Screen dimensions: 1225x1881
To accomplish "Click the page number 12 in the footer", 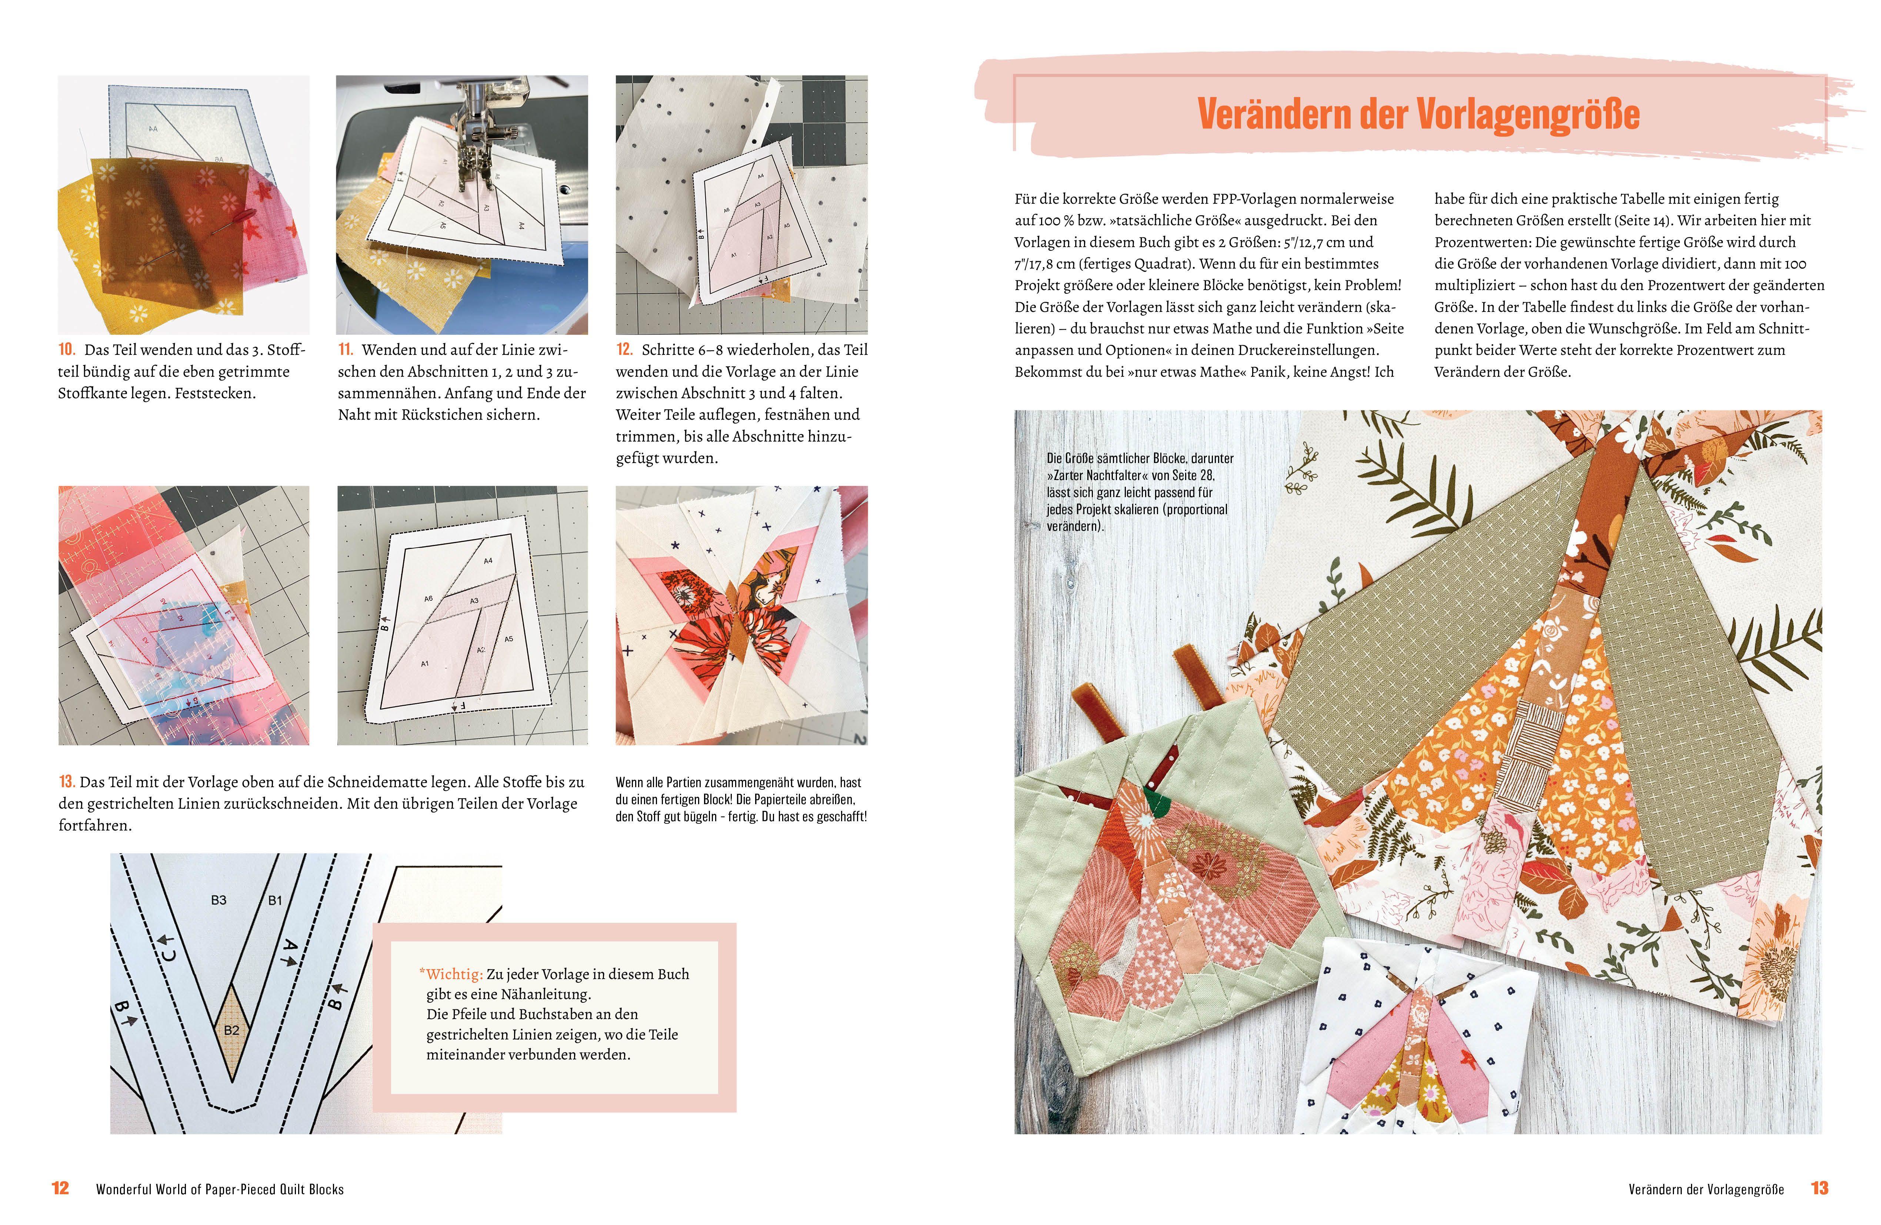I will tap(60, 1188).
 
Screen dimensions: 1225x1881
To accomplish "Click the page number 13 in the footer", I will tap(1820, 1188).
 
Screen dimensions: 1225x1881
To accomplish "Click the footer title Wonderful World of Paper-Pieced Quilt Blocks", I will tap(220, 1189).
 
